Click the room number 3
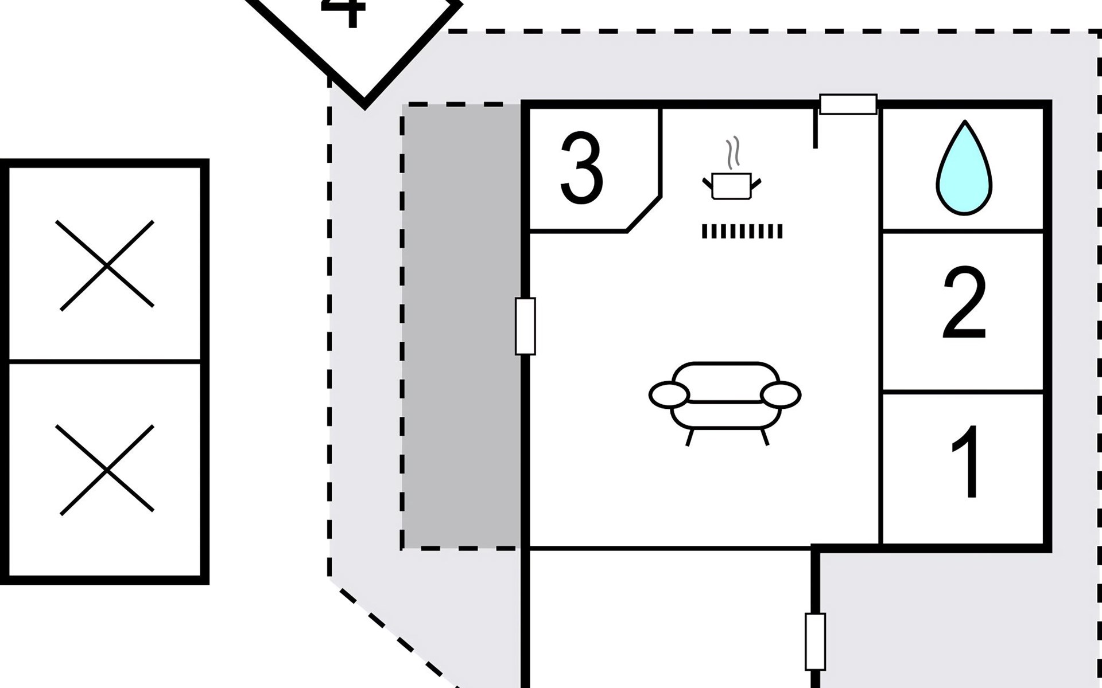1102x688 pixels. click(581, 169)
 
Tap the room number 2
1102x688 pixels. click(964, 304)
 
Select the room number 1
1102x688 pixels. click(965, 462)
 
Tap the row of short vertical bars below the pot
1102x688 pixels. click(742, 231)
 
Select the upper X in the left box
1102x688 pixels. click(107, 265)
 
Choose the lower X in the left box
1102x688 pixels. click(107, 470)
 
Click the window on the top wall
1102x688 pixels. click(848, 104)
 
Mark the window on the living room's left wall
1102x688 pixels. click(525, 326)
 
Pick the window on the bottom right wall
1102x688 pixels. click(815, 642)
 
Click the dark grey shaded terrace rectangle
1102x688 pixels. click(461, 326)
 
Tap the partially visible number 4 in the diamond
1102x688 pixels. click(343, 11)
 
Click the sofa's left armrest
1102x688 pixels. click(669, 394)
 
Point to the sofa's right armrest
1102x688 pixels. click(781, 394)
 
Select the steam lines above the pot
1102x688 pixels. click(732, 153)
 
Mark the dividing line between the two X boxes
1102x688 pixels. click(104, 361)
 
